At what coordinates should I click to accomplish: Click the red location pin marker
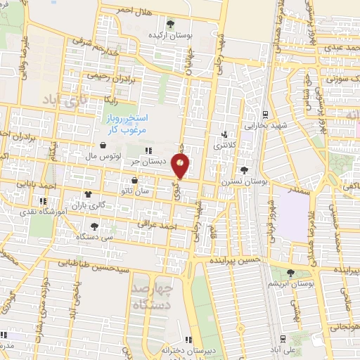coord(181,166)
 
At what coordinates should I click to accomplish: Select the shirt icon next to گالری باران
coord(89,194)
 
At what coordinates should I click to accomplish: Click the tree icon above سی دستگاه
coord(94,226)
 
